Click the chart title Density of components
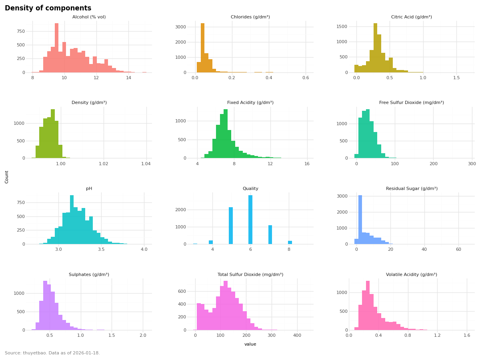click(x=48, y=8)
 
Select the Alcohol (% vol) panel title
click(x=89, y=17)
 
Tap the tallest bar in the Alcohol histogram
click(x=57, y=48)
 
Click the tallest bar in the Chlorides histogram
click(x=202, y=48)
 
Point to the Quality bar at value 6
click(x=250, y=220)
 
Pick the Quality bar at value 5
click(x=231, y=226)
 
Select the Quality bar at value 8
click(x=290, y=242)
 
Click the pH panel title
click(x=89, y=189)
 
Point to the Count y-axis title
click(x=7, y=177)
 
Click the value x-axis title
click(x=250, y=344)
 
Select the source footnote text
click(x=52, y=353)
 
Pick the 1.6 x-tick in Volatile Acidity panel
click(x=466, y=336)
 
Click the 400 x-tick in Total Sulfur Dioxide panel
click(x=297, y=336)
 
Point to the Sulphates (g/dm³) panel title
click(x=89, y=275)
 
